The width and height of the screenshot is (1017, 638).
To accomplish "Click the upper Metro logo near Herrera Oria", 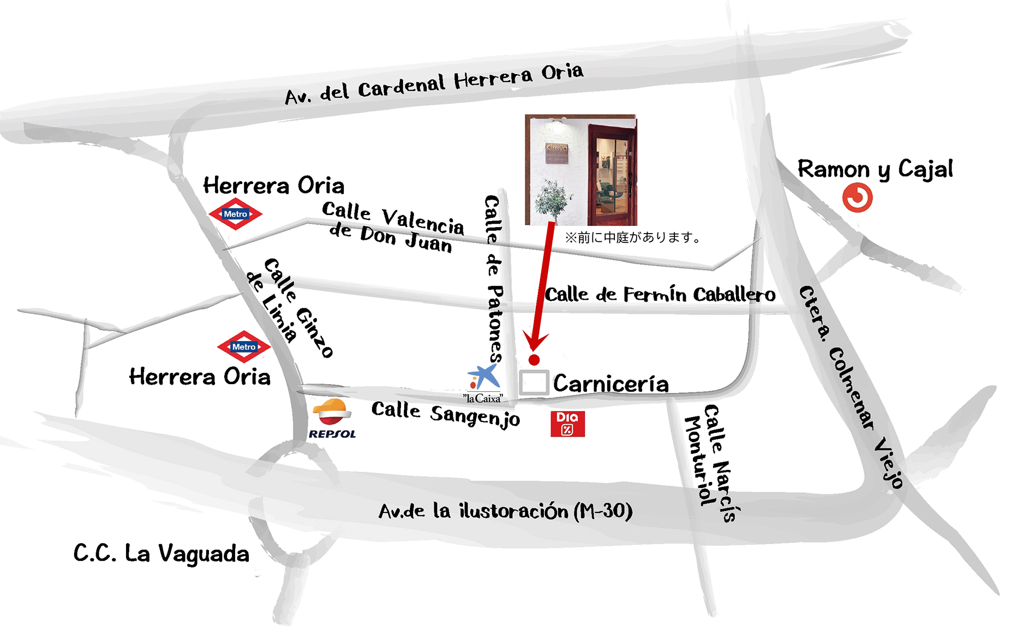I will coord(236,214).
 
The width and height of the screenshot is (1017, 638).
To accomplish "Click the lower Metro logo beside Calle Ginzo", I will coord(244,347).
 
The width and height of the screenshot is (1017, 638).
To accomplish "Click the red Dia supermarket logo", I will coord(567,424).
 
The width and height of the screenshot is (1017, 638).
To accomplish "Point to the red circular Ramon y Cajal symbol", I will coord(857,198).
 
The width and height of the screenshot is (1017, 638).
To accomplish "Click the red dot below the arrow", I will coord(534,360).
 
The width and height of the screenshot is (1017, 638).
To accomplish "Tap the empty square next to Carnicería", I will coord(534,383).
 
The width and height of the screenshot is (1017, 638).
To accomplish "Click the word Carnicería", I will coord(611,384).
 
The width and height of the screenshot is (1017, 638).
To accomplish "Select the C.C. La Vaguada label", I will coord(161,553).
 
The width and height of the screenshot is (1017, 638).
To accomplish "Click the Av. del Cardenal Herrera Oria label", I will coord(434,84).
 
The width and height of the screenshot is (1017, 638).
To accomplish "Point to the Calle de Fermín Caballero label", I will coord(660,295).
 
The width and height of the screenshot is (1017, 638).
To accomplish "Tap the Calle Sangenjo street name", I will coord(445,414).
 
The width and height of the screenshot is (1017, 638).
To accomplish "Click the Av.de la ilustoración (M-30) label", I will coord(505,511).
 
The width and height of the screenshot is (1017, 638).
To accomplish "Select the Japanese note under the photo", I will coord(633,237).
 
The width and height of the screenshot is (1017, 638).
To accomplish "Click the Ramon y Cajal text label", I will coord(875,169).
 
